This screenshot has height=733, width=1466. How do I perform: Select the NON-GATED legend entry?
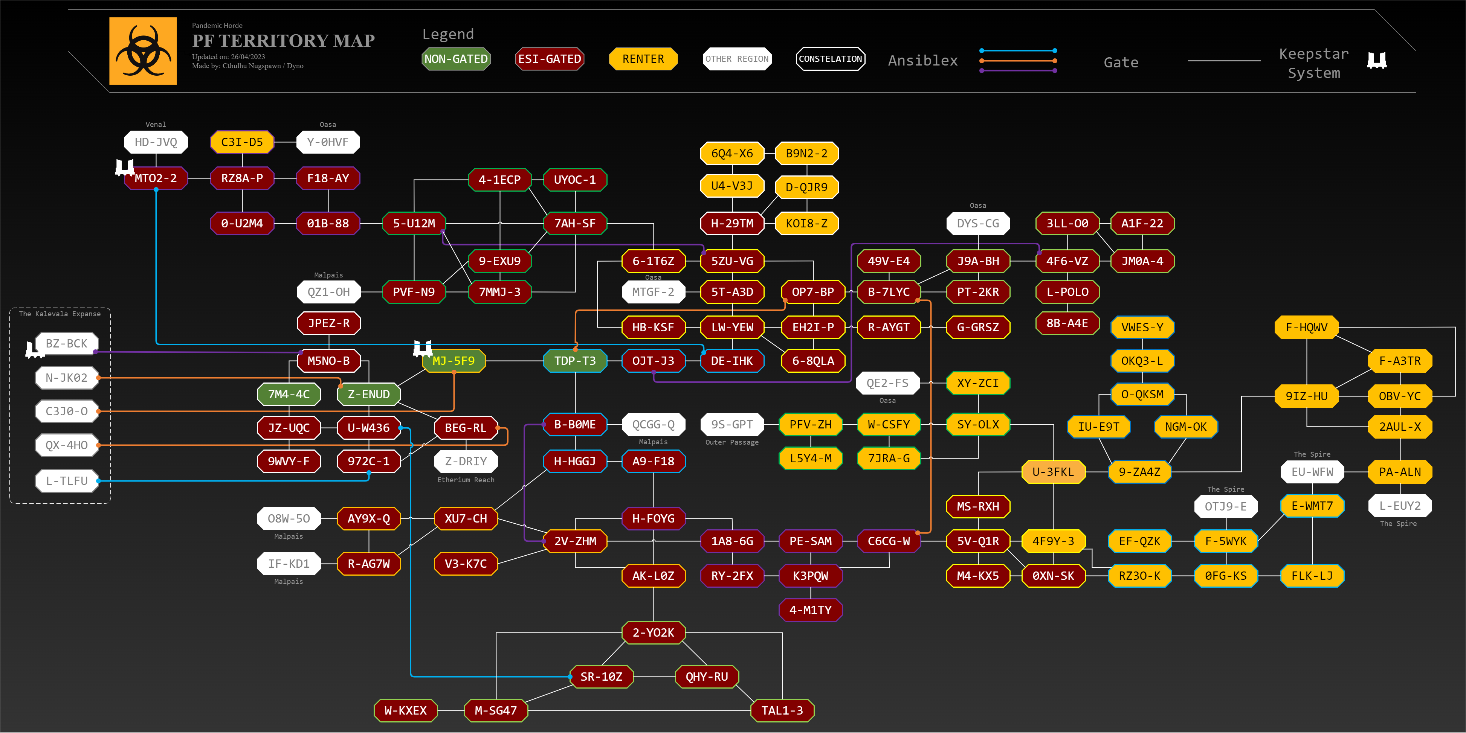point(456,59)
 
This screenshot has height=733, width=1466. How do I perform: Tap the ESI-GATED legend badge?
point(549,59)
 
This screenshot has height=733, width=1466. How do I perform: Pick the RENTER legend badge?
point(643,59)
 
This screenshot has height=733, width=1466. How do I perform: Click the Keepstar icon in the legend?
point(1377,60)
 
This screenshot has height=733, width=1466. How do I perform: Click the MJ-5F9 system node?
point(454,361)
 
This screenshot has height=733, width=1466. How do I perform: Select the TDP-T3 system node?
point(575,361)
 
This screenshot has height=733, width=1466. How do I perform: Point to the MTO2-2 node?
point(156,178)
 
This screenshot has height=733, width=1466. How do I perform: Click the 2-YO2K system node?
point(653,633)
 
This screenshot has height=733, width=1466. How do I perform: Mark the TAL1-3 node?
point(782,711)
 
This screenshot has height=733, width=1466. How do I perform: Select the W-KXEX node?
point(405,711)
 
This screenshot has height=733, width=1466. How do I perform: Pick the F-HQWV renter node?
point(1307,328)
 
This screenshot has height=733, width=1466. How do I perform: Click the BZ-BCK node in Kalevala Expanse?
point(67,343)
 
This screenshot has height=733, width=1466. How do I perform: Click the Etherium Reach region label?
point(466,480)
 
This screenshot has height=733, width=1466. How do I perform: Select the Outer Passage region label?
point(732,442)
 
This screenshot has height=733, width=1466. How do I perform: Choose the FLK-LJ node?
point(1312,576)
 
